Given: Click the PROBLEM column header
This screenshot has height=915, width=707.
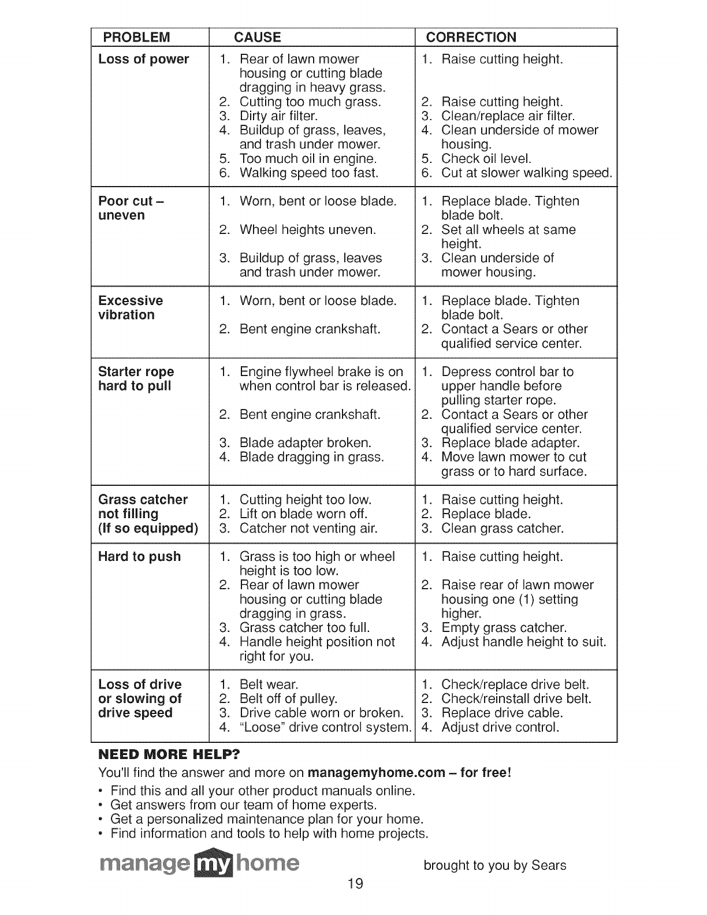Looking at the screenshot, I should pos(136,38).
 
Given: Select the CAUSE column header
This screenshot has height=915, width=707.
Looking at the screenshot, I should pos(257,38).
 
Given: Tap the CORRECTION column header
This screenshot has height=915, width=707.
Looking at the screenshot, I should pos(471,38).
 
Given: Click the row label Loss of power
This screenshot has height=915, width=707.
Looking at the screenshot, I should pos(143,59).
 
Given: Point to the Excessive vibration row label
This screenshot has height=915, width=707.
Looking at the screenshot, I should pos(131,308).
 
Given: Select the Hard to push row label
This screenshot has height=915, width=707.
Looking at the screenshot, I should pos(139,557).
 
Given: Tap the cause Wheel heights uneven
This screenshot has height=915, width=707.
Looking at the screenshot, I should pos(307,230).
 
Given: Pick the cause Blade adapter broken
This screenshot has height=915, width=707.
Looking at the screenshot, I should pos(305,443).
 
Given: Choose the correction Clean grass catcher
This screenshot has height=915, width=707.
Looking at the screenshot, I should pos(502,529).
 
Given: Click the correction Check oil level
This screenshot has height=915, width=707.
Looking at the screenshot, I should pos(486,159).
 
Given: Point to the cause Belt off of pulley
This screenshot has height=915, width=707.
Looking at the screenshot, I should pos(288,699).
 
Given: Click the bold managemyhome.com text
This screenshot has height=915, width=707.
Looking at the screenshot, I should pos(377,773).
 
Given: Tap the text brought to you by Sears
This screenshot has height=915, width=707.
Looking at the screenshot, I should pos(494,865).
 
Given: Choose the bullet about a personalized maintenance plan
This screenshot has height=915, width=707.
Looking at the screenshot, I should pos(267,819).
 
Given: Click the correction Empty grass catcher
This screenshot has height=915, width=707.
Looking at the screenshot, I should pos(504,628).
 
